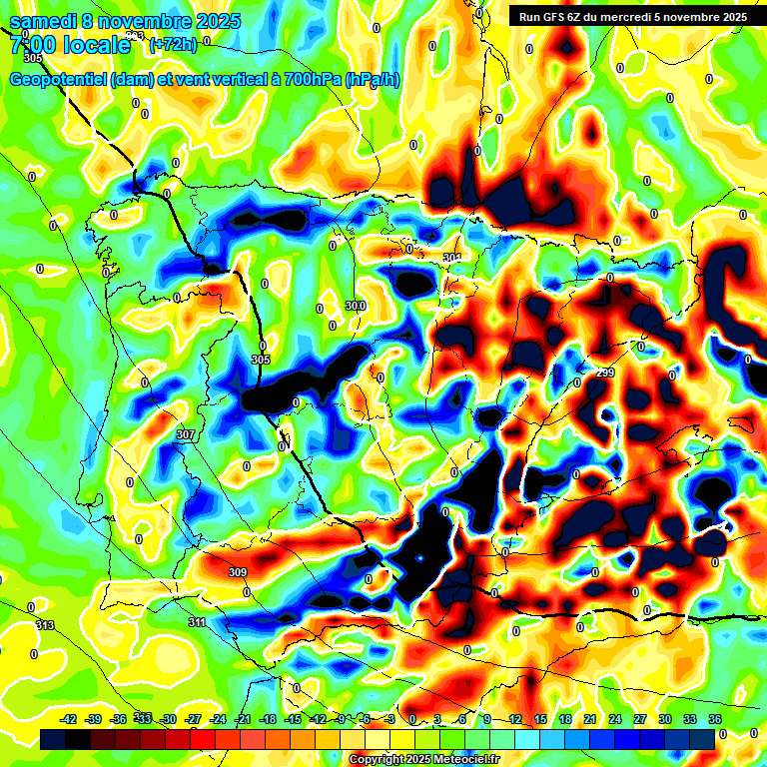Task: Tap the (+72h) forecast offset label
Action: coord(172,44)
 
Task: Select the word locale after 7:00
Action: coord(95,45)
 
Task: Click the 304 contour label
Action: coord(451,258)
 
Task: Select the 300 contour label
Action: coord(356,306)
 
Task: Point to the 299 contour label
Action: coord(605,373)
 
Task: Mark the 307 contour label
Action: coord(185,434)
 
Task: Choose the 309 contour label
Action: coord(237,572)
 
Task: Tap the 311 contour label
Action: coord(197,622)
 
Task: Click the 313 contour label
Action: coord(44,625)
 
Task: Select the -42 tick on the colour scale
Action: coord(69,719)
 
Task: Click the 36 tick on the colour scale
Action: coord(715,719)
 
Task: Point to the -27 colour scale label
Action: coord(193,719)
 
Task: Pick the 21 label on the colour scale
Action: coord(591,719)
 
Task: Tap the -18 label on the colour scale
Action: coord(268,719)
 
